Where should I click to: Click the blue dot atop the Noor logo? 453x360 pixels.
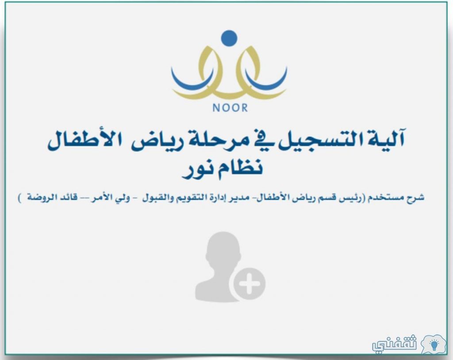point(229,38)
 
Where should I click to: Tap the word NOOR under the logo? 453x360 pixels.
point(230,108)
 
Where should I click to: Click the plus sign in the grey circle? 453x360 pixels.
point(250,283)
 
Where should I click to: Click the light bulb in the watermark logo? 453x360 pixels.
point(434,344)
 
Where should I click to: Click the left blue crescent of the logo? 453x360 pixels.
point(191,80)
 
